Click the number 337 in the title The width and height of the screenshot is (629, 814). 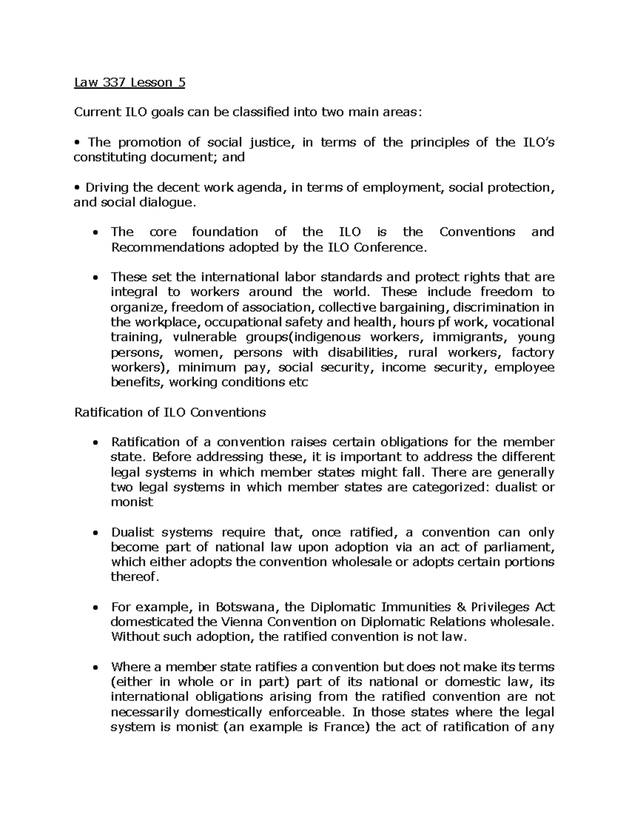(109, 82)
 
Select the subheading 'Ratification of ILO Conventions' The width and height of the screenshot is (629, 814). (170, 412)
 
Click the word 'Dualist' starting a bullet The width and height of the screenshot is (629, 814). (133, 532)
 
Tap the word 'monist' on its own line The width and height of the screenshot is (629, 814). (132, 502)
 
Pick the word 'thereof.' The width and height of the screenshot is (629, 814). (134, 577)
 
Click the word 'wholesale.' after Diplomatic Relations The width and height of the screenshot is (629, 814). (522, 622)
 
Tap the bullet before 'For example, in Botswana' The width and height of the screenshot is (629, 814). (95, 608)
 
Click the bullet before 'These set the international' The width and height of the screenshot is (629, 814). (95, 278)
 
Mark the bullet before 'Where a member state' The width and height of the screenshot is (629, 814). (95, 668)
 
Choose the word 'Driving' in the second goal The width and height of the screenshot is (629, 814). (107, 187)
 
